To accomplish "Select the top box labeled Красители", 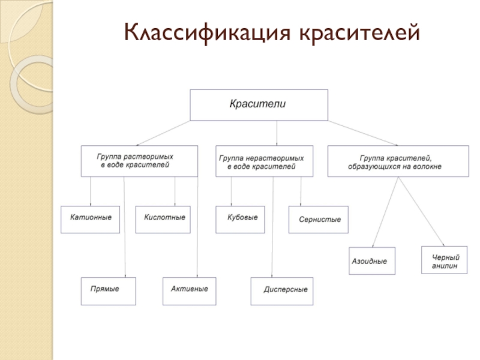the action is [x=259, y=105].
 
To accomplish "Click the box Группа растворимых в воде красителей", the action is [x=139, y=160].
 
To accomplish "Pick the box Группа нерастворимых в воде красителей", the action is [x=264, y=160].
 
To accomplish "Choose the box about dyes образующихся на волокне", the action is [x=398, y=160].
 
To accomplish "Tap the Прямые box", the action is [x=109, y=290].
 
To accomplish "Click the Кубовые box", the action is [x=242, y=218].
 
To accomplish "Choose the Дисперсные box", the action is [x=285, y=290].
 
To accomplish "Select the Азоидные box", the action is [x=373, y=261].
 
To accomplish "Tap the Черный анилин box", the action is [x=445, y=260].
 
